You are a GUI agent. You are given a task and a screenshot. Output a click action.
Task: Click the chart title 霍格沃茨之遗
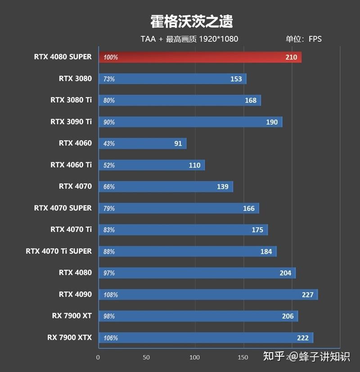[191, 21]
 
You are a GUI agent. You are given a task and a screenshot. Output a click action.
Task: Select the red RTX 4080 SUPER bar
[199, 57]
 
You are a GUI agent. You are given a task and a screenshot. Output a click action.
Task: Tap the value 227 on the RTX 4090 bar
[308, 295]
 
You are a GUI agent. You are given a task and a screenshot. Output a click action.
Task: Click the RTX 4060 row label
[75, 143]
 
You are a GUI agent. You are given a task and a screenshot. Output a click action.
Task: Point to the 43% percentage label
[109, 144]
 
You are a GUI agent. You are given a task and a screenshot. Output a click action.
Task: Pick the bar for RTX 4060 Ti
[151, 165]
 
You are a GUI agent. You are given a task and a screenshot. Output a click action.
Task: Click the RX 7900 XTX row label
[69, 337]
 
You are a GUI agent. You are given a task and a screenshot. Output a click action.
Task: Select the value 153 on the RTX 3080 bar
[236, 79]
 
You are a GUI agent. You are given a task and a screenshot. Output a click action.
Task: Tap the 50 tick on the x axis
[146, 358]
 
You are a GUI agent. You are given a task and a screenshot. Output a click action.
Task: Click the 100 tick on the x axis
[194, 358]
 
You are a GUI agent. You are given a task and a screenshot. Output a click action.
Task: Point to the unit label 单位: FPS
[304, 39]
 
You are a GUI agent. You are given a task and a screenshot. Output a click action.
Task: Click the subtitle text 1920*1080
[218, 39]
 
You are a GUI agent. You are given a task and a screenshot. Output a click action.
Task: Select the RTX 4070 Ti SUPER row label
[59, 251]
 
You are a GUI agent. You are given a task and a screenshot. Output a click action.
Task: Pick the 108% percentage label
[111, 295]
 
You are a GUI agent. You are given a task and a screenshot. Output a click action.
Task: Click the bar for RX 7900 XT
[198, 316]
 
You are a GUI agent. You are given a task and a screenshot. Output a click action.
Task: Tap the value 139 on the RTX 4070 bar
[223, 187]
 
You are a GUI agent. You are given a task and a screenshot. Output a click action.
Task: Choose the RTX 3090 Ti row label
[71, 122]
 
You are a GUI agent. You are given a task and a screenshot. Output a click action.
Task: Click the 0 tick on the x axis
[98, 358]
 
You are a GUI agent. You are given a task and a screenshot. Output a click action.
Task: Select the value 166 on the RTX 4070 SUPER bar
[248, 208]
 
